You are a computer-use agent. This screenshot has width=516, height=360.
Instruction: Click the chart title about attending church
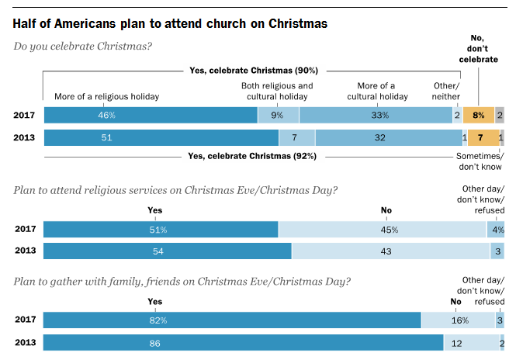(x=170, y=23)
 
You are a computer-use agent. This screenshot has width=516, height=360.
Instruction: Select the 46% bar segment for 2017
(x=151, y=116)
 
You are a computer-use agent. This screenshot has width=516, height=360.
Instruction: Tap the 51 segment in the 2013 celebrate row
(x=161, y=138)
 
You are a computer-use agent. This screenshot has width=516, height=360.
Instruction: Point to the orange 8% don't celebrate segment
(x=479, y=116)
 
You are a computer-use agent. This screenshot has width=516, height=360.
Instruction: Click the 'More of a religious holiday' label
(x=106, y=97)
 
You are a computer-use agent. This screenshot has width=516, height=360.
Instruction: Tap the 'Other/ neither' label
(x=446, y=91)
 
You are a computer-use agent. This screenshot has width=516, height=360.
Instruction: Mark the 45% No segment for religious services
(x=382, y=230)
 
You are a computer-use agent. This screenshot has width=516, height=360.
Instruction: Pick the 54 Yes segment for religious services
(x=167, y=251)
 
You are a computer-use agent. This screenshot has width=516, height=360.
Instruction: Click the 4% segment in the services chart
(x=496, y=230)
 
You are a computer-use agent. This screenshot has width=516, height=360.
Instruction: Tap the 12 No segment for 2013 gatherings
(x=471, y=342)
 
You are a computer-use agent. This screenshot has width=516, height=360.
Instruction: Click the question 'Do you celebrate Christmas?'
(x=83, y=46)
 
